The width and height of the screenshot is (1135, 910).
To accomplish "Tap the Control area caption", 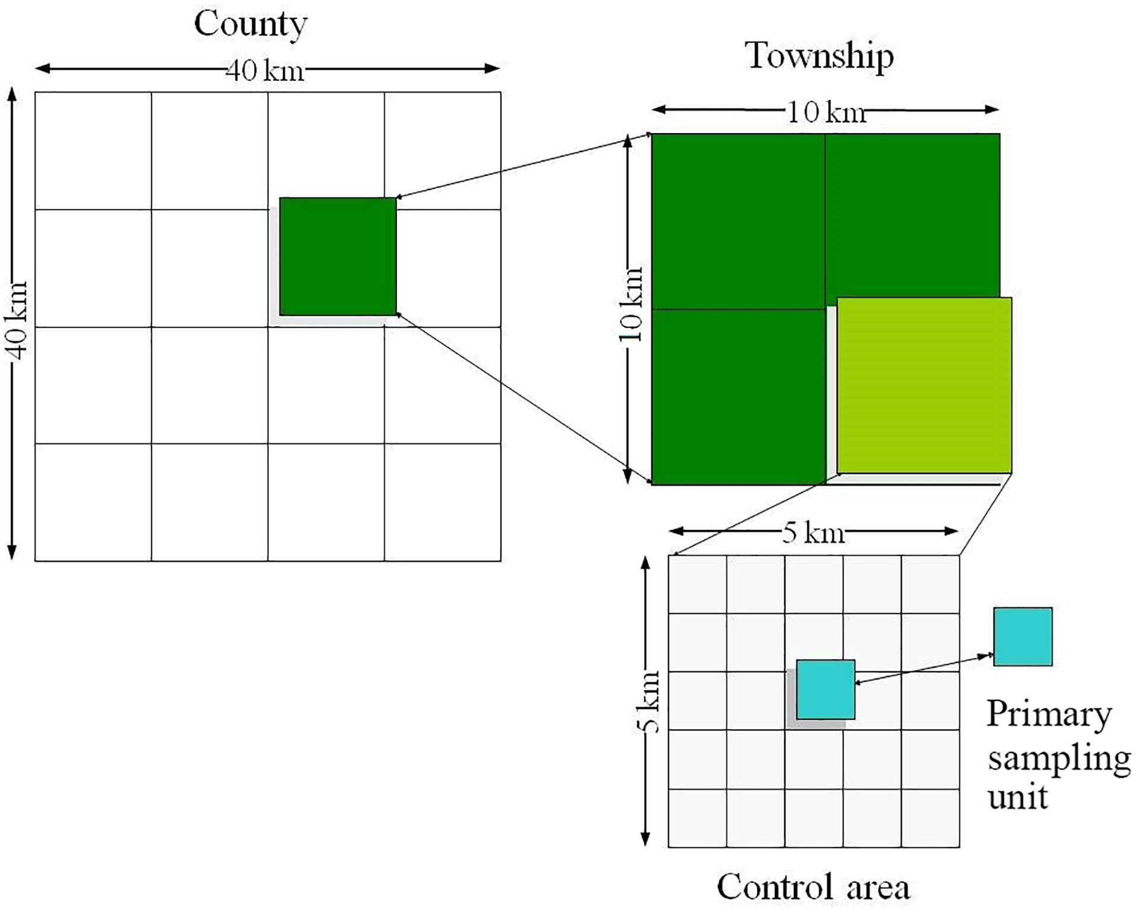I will coord(813,887).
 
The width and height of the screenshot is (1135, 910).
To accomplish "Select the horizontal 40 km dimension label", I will coord(264,71).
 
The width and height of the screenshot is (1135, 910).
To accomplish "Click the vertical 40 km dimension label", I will coord(18,321).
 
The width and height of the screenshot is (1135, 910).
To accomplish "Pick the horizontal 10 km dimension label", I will coord(826,112).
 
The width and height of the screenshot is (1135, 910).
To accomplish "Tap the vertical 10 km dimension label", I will coord(632,304).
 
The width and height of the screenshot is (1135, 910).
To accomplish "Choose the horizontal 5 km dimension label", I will coord(813,532).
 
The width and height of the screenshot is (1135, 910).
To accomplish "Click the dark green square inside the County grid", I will coord(338,256).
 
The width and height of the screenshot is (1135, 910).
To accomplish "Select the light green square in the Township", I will coord(923,386).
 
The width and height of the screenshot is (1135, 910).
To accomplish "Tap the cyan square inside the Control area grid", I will coord(825,689).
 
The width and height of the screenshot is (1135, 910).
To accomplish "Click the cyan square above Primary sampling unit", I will coord(1022,636).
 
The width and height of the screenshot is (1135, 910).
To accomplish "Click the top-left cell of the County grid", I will coord(93,150).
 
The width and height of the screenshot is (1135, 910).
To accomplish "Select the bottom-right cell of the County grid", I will coord(443,502).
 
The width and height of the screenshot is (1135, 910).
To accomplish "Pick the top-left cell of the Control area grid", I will coord(698,584).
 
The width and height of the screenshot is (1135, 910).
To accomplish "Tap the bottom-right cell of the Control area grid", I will coord(930,817).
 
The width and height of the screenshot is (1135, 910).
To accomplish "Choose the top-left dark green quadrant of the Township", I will coord(738,221).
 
